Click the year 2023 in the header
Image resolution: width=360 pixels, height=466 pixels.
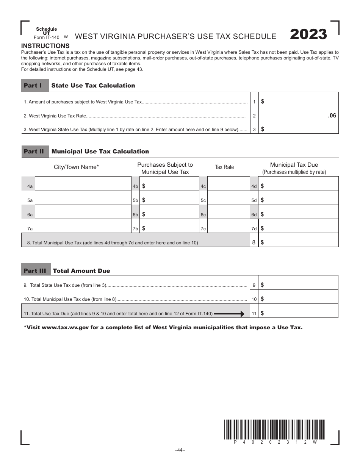point(308,34)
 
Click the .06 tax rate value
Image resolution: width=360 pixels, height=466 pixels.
point(332,116)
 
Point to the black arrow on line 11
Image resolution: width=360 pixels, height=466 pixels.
point(230,314)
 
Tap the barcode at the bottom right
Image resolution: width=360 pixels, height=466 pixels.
point(275,429)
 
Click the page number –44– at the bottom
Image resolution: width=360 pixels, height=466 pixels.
point(180,450)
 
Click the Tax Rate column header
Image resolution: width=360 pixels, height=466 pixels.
point(224,167)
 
